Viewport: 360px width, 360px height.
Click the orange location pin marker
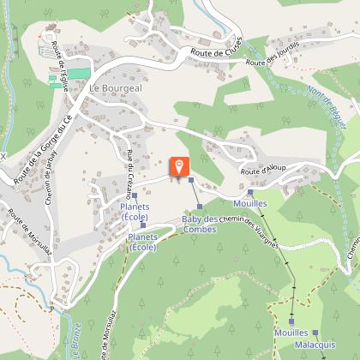[x=180, y=166]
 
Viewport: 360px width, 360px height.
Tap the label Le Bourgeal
[x=115, y=87]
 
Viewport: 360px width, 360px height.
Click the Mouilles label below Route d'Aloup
[x=250, y=204]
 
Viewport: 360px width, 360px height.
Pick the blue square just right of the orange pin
[x=191, y=180]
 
